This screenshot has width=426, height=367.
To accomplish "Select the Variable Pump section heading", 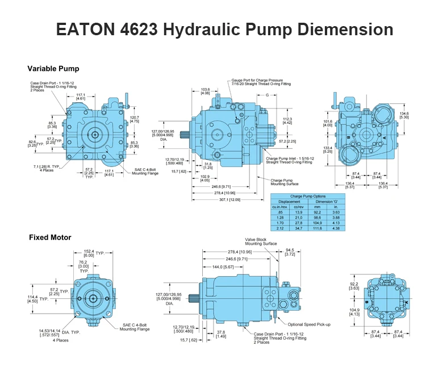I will coord(54,69).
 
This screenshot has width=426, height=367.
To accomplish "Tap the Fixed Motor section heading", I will coord(50,237).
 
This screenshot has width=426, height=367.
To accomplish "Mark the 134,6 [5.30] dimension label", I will coord(404,115).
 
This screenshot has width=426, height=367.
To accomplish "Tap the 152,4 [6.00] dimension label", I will coord(90,253).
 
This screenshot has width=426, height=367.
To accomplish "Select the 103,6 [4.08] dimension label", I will coord(206,91).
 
